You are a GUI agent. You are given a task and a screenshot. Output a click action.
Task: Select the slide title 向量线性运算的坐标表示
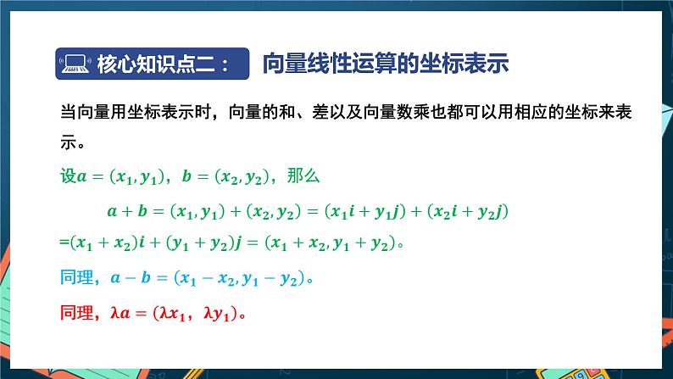pos(386,64)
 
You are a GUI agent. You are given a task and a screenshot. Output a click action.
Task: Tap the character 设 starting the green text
pos(68,176)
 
